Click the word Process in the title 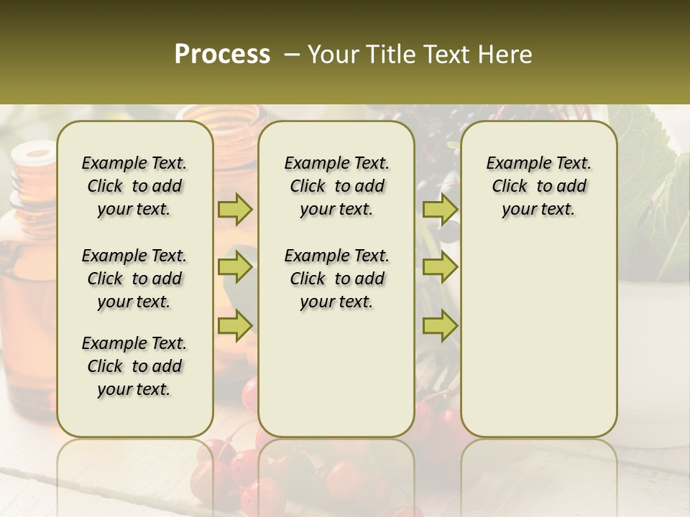pos(222,55)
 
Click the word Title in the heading pos(387,55)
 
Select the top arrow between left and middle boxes pos(235,210)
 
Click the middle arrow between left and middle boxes pos(235,268)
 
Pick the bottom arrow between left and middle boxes pos(235,326)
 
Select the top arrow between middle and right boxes pos(440,210)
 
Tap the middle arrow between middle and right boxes pos(440,268)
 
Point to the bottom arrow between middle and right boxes pos(440,326)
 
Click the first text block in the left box pos(134,186)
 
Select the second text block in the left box pos(134,279)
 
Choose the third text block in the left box pos(134,366)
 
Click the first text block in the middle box pos(336,186)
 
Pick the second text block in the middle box pos(336,279)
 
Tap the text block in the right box pos(539,186)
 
